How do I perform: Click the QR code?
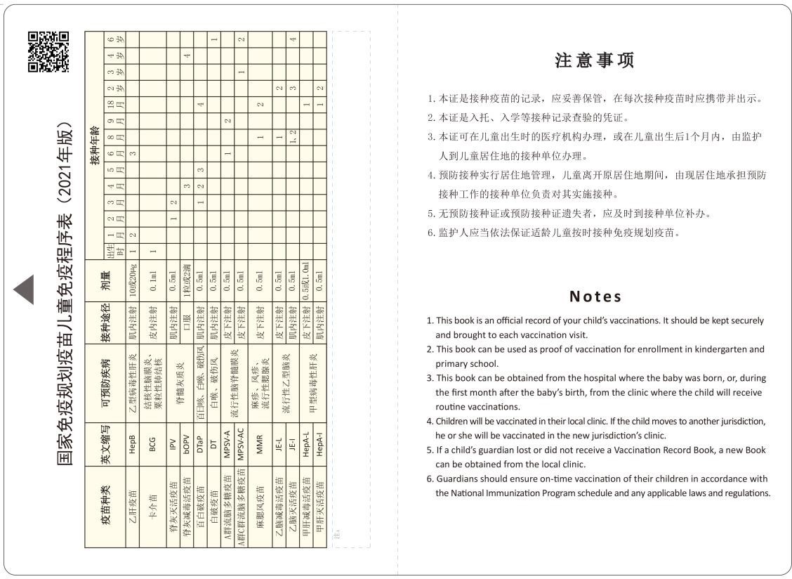(x=48, y=52)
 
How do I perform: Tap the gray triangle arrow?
(x=25, y=289)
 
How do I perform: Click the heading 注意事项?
(x=594, y=60)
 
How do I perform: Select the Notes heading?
(x=595, y=297)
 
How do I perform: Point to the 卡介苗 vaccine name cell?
(x=153, y=502)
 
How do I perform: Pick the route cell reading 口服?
(x=187, y=323)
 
